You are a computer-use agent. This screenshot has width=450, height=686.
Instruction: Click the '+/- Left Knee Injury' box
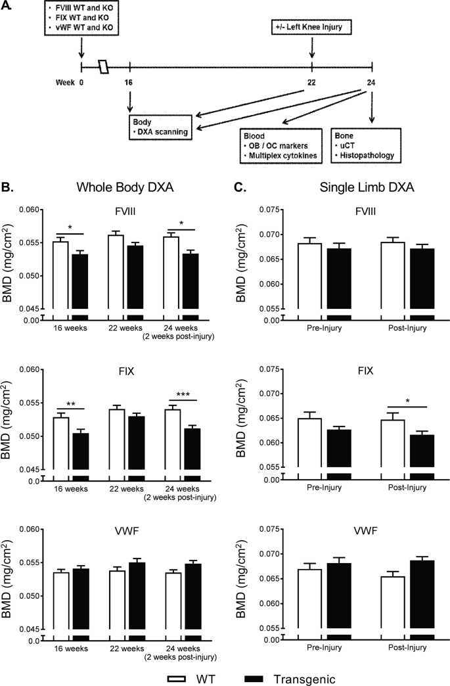pos(311,28)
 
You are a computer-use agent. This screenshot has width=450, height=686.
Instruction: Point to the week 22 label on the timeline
pos(311,83)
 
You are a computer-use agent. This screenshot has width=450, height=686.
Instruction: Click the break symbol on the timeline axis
pos(102,66)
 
